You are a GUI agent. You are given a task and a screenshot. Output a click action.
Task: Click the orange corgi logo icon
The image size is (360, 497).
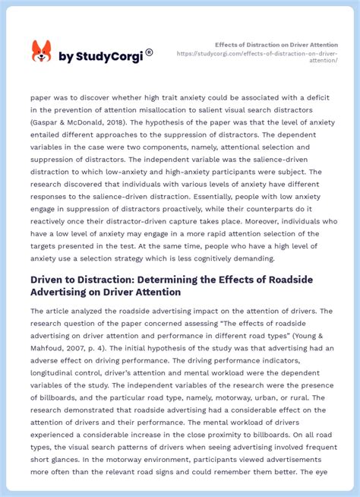coord(41,52)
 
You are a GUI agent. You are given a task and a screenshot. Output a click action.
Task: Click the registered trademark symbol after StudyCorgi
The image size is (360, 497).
coord(149,52)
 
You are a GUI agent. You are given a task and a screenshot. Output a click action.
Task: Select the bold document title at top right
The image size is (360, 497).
coord(276,45)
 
